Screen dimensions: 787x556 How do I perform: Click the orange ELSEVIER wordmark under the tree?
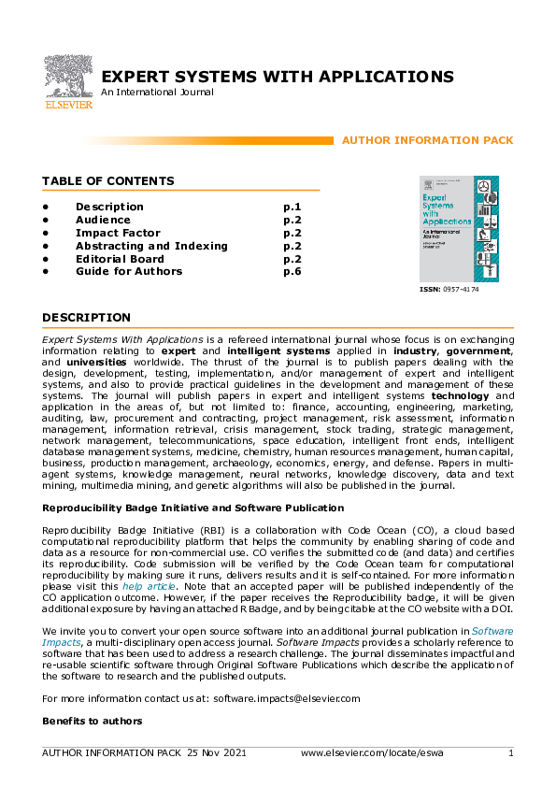68,106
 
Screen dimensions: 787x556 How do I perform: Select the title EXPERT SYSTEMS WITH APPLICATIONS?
278,77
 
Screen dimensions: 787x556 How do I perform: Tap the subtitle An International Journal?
157,93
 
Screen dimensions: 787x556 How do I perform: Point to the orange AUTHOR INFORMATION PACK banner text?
427,140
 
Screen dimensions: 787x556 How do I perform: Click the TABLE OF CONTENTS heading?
107,180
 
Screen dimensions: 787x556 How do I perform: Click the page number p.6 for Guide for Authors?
292,272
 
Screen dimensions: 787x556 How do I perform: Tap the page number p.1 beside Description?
292,207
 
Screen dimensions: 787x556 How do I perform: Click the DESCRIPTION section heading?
86,318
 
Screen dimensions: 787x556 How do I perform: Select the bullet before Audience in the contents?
45,220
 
